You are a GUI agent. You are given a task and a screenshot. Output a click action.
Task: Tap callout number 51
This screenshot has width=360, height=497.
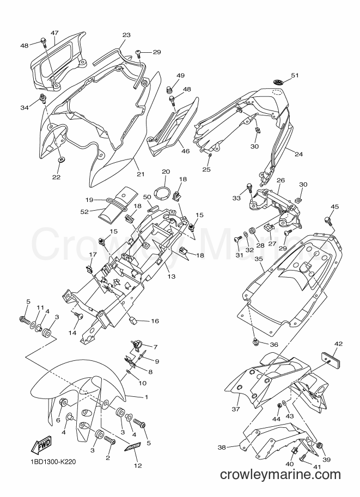click(x=295, y=76)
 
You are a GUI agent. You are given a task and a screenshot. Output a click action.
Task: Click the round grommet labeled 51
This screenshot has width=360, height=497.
click(x=278, y=82)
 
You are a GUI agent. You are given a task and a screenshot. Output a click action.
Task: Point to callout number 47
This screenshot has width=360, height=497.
click(x=54, y=33)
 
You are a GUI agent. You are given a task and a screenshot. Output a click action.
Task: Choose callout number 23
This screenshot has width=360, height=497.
click(x=126, y=35)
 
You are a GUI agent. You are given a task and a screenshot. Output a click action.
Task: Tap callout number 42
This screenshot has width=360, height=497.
click(x=338, y=343)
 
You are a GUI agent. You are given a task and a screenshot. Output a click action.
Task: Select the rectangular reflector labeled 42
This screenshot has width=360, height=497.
click(x=332, y=357)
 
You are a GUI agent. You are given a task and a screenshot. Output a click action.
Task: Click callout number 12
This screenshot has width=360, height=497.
click(x=138, y=465)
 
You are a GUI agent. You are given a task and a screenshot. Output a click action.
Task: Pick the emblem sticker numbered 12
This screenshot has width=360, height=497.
click(x=132, y=447)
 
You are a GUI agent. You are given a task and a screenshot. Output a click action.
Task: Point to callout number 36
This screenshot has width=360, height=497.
click(x=274, y=345)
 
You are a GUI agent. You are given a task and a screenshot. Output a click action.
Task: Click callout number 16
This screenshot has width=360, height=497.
click(x=155, y=321)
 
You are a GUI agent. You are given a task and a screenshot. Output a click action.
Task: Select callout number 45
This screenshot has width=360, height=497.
click(x=334, y=207)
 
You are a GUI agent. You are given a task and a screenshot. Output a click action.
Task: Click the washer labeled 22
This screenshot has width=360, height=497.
click(x=60, y=158)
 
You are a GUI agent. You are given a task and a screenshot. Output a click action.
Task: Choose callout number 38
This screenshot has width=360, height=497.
click(x=222, y=447)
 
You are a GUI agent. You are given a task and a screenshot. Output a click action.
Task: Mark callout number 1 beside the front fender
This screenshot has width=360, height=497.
click(x=146, y=396)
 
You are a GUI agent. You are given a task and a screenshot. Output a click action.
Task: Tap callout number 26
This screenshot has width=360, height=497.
click(x=280, y=180)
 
